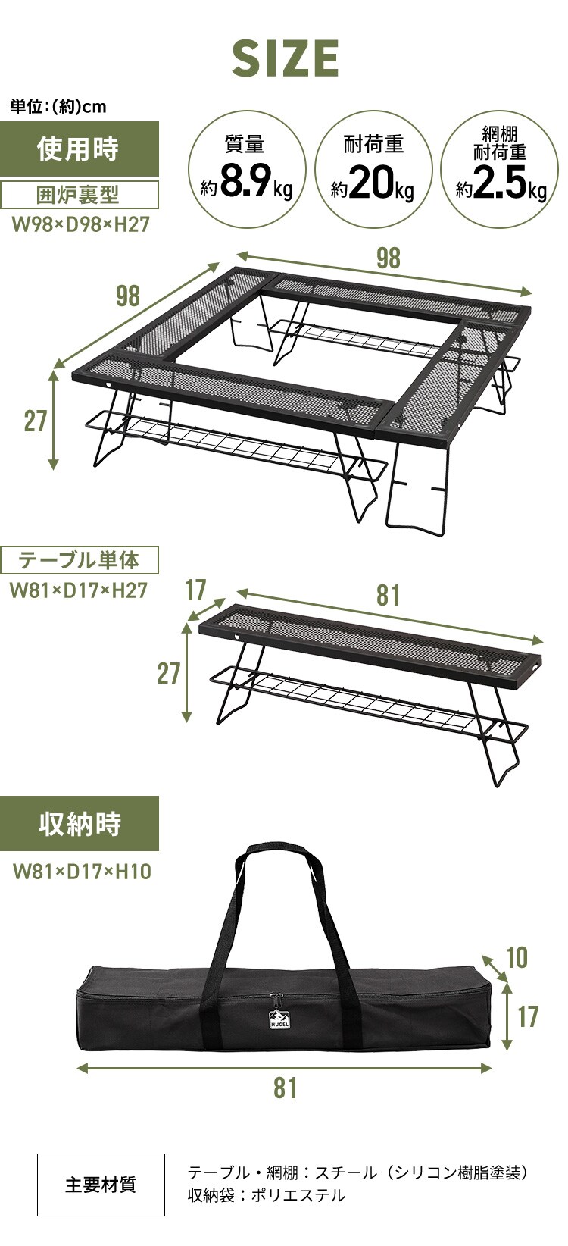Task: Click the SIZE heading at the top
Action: pyautogui.click(x=285, y=58)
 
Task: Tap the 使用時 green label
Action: pyautogui.click(x=79, y=149)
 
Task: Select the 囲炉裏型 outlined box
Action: pyautogui.click(x=79, y=195)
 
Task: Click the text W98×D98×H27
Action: pyautogui.click(x=80, y=224)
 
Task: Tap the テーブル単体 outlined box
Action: pyautogui.click(x=79, y=560)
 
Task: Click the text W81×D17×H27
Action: pyautogui.click(x=78, y=590)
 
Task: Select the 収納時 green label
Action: pyautogui.click(x=80, y=823)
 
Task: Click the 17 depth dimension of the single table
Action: pyautogui.click(x=195, y=590)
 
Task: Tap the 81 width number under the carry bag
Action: pyautogui.click(x=285, y=1088)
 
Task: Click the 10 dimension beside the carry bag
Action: pyautogui.click(x=517, y=958)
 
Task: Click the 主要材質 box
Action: pyautogui.click(x=101, y=1185)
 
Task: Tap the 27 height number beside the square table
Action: pyautogui.click(x=36, y=421)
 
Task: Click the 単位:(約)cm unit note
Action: pyautogui.click(x=58, y=107)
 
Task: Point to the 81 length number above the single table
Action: pyautogui.click(x=388, y=595)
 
